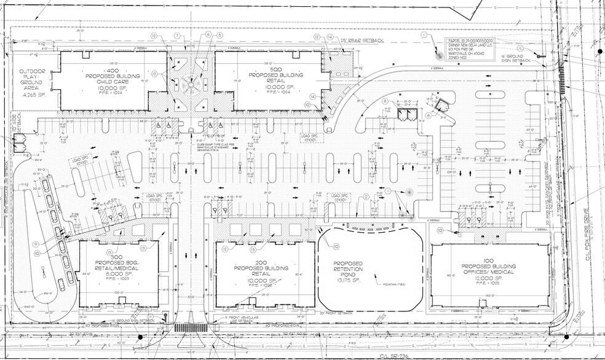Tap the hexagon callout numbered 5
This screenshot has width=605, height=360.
(219, 36)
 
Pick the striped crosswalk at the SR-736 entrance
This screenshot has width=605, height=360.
(191, 328)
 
